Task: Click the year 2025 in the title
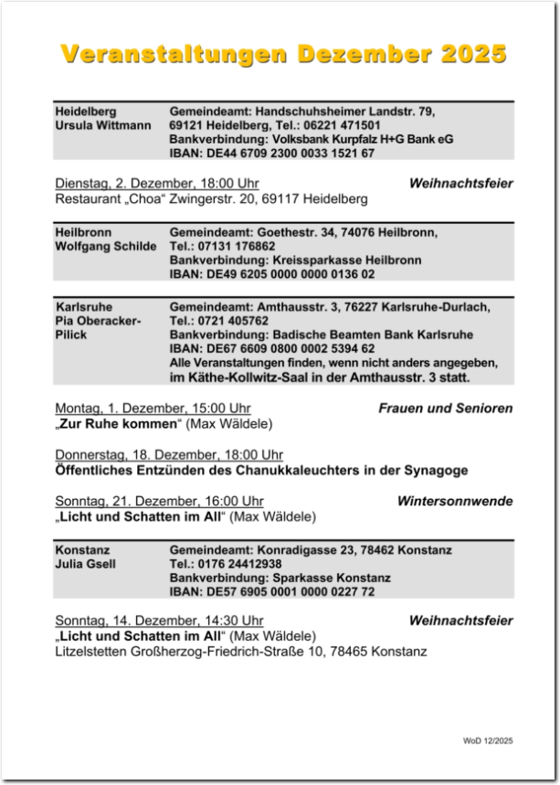(x=472, y=54)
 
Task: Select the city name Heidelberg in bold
(x=86, y=111)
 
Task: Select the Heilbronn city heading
(x=83, y=232)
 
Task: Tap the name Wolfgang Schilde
(x=106, y=247)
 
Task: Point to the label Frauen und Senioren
(x=446, y=408)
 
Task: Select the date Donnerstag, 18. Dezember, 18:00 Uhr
(x=169, y=455)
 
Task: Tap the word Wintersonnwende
(x=455, y=501)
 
